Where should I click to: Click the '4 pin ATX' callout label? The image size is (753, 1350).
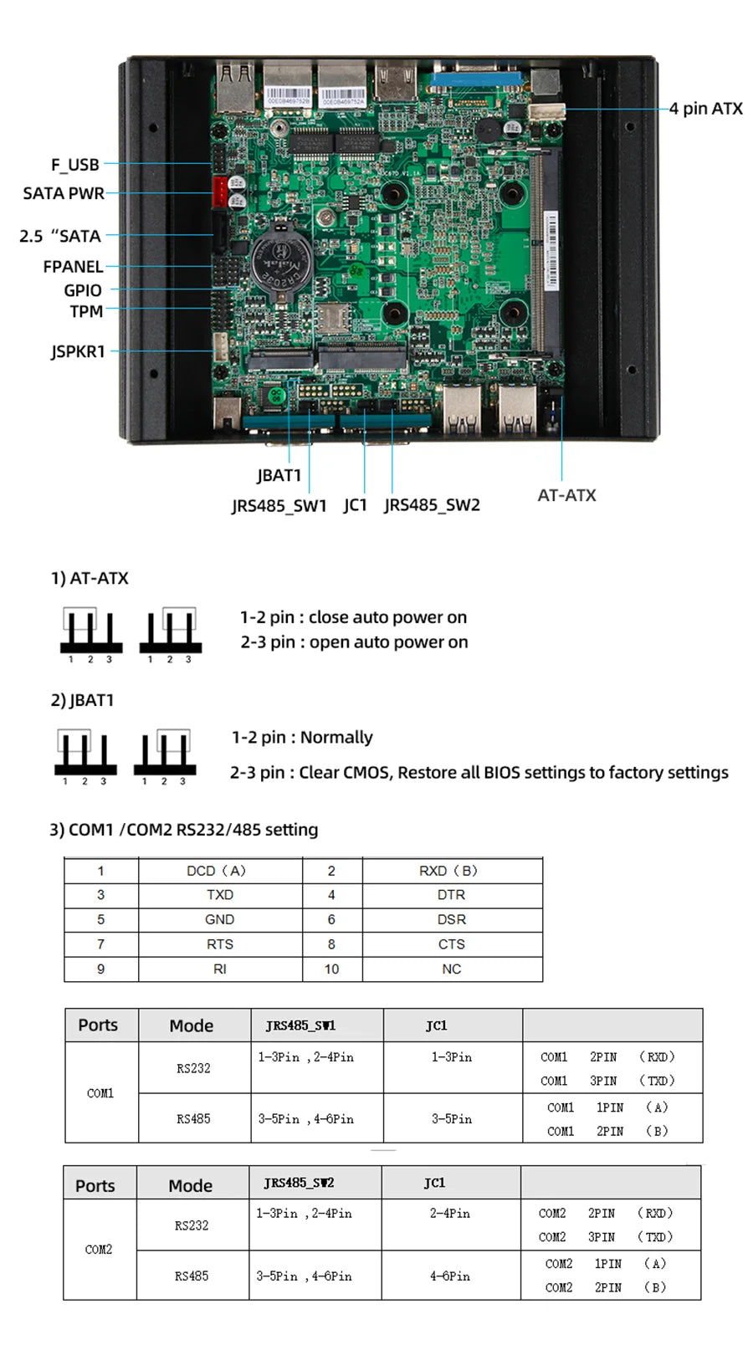705,109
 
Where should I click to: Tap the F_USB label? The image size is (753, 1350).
75,165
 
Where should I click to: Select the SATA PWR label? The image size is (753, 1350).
64,193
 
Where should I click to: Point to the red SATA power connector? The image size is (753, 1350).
219,192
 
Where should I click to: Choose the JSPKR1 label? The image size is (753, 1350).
78,351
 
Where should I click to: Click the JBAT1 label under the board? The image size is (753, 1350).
279,475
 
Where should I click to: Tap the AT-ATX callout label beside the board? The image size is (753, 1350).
566,495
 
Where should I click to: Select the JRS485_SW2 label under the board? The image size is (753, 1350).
432,505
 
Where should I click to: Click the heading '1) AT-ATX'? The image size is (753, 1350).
90,578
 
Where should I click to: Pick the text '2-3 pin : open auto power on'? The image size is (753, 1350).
354,642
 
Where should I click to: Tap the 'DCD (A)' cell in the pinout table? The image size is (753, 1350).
216,871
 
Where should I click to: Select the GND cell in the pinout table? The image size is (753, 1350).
219,919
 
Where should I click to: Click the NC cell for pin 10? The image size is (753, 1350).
452,969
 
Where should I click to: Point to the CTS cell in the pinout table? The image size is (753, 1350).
452,944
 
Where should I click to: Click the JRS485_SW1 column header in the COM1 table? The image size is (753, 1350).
300,1025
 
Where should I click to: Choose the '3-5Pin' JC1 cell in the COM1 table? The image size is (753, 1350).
452,1118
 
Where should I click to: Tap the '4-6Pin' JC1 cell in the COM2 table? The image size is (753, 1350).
450,1276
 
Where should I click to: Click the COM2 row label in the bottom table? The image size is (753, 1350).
99,1250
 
